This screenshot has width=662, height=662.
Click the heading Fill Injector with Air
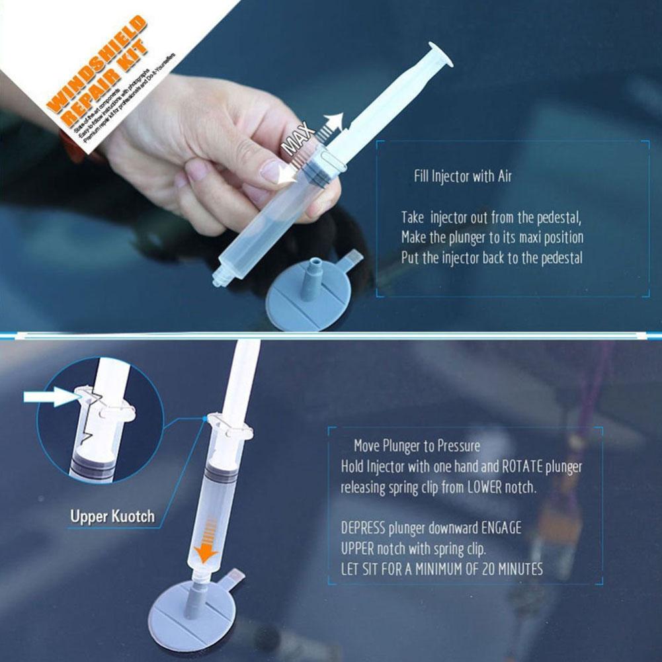click(462, 177)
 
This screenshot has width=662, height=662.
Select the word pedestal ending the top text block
click(559, 258)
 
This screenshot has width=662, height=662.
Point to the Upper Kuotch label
click(112, 516)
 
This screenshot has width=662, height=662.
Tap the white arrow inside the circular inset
click(50, 397)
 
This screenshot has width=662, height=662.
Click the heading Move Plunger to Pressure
click(417, 446)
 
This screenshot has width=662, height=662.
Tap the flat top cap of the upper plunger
click(441, 54)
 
